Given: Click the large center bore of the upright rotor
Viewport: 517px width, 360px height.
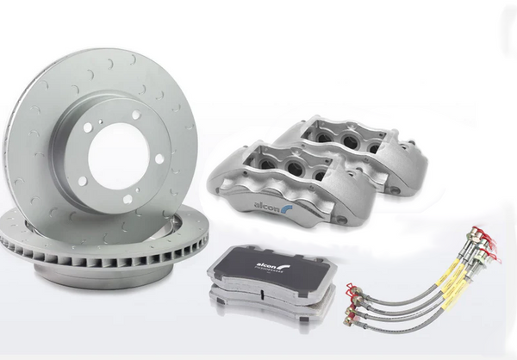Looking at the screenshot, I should pyautogui.click(x=116, y=154).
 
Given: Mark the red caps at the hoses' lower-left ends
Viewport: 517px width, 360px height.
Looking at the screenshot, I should pyautogui.click(x=352, y=301).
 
